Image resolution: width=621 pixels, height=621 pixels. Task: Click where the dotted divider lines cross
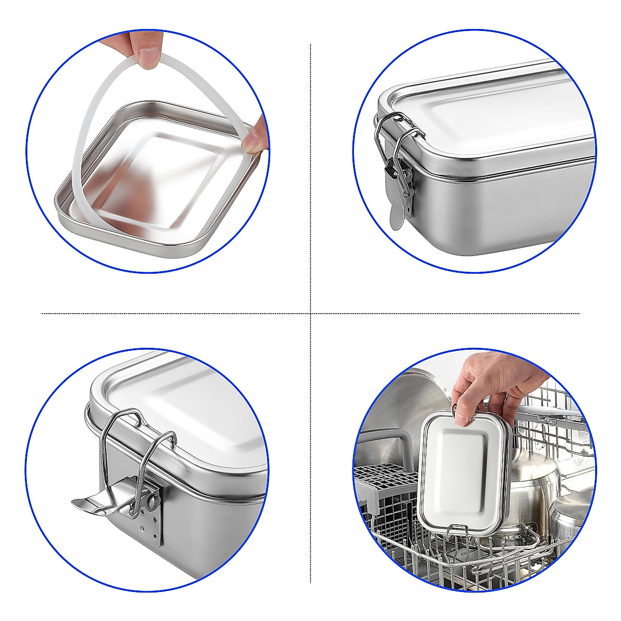coord(310,313)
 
